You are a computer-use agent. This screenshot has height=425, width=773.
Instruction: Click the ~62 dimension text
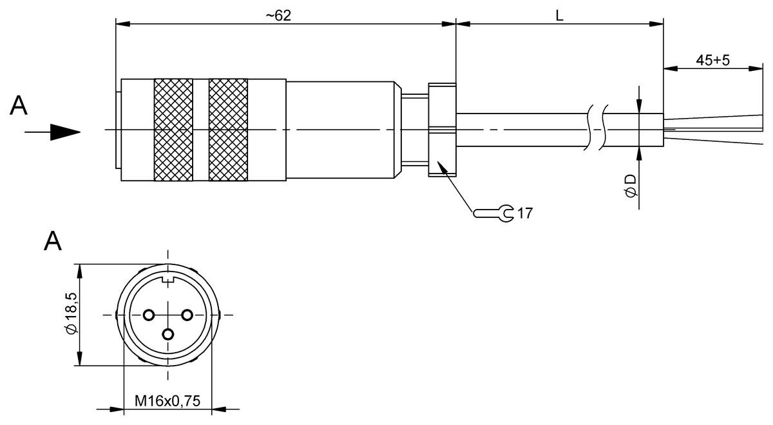click(x=278, y=15)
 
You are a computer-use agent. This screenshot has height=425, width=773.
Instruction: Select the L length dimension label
click(x=559, y=15)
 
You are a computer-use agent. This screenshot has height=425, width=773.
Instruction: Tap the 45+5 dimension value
click(x=712, y=60)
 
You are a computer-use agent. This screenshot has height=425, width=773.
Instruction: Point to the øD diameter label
click(x=631, y=186)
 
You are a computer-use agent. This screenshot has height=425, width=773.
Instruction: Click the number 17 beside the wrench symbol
click(x=525, y=213)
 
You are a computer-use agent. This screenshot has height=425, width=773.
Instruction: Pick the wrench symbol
click(x=494, y=213)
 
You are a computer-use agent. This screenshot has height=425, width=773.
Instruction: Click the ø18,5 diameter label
click(x=71, y=313)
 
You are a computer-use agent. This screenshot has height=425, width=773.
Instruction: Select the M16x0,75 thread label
click(x=167, y=400)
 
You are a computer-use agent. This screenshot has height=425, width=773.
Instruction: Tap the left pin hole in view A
click(x=149, y=315)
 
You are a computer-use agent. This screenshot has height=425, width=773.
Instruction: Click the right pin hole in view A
click(x=187, y=315)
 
